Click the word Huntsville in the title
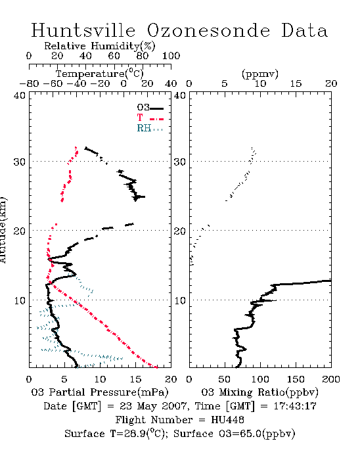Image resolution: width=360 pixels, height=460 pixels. tap(83, 30)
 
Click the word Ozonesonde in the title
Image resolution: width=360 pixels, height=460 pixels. tap(208, 30)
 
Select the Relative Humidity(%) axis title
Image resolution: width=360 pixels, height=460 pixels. tap(100, 46)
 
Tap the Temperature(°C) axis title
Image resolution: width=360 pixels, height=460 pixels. tap(100, 74)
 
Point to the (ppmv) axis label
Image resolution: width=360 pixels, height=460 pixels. tap(260, 74)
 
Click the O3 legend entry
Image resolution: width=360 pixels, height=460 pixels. tap(150, 108)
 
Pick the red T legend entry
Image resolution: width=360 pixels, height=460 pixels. tap(150, 118)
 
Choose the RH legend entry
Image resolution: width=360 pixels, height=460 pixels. tap(150, 128)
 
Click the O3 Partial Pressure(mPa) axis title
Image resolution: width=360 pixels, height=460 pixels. tap(100, 392)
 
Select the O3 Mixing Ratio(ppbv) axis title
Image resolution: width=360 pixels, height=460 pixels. tap(259, 392)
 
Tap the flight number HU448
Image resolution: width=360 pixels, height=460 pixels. tap(227, 419)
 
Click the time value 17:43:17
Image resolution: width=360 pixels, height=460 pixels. tap(295, 406)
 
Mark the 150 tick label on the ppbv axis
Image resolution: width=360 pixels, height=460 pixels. tap(296, 379)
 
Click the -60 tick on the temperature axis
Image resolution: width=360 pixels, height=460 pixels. tap(53, 83)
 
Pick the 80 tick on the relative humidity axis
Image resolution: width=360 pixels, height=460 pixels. tap(143, 55)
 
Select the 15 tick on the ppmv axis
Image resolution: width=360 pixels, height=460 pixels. tap(296, 83)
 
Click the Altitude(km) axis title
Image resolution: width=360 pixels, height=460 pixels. tap(3, 230)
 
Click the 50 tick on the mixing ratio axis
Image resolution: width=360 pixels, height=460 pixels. tap(224, 379)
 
